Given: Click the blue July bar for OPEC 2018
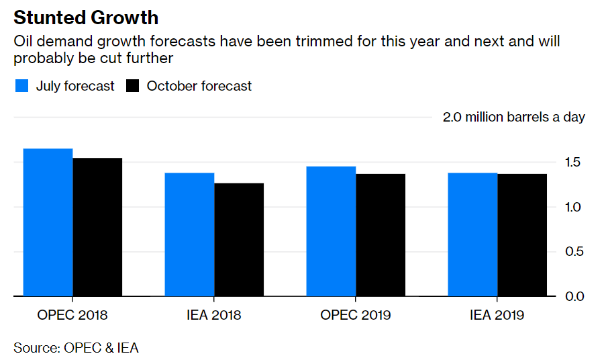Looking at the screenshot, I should click(48, 222).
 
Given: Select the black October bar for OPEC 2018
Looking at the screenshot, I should click(97, 227).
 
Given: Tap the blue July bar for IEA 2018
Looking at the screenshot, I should click(189, 234).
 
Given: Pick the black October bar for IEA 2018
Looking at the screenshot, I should click(239, 240).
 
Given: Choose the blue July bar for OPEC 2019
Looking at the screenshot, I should click(331, 231).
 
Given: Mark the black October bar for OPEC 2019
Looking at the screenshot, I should click(381, 235).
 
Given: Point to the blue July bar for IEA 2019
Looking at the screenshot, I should click(472, 234).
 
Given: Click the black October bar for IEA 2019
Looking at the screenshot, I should click(522, 235).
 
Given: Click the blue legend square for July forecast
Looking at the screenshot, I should click(21, 86).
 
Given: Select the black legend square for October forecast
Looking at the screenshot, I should click(132, 86).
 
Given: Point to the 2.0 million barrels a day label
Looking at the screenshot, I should click(513, 117).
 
